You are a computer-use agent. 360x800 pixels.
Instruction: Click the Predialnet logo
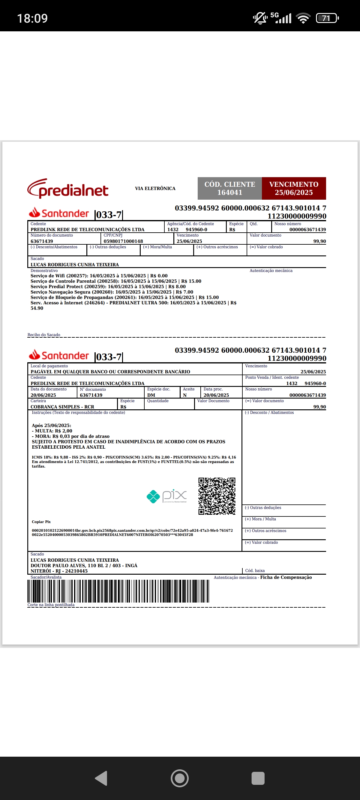pos(68,189)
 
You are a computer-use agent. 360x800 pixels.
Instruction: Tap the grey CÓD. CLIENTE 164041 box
pos(230,188)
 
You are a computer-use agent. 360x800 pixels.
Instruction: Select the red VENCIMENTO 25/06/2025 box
pos(294,188)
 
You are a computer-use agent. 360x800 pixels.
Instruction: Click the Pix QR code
pos(217,496)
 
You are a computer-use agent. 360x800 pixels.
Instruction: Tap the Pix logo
pos(167,496)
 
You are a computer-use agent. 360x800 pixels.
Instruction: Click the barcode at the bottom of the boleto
pos(118,591)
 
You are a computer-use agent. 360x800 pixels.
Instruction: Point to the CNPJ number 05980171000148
pos(123,241)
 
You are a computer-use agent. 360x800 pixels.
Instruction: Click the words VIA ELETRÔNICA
pos(155,189)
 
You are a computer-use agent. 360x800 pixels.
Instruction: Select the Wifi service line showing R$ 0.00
pos(99,276)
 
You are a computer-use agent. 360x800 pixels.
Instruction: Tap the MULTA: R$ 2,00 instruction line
pos(52,431)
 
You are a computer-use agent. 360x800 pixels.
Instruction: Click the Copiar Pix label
pos(41,522)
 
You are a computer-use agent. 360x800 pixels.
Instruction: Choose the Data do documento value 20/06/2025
pos(43,395)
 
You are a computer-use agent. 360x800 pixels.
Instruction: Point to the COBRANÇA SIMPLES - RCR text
pos(62,407)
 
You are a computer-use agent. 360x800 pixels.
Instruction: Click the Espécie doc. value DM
pos(151,395)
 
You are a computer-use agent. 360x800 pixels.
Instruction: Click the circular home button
pos(180,778)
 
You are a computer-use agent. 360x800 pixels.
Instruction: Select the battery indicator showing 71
pos(327,18)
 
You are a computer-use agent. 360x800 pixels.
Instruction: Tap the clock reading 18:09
pos(32,18)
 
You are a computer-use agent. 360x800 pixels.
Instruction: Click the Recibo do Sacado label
pos(44,335)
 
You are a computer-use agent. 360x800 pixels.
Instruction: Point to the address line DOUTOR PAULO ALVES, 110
pos(84,565)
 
